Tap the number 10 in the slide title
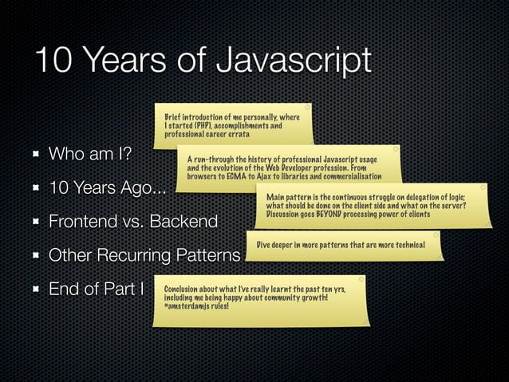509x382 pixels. click(x=53, y=61)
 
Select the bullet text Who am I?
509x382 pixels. click(x=90, y=154)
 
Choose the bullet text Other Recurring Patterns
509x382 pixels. click(x=144, y=257)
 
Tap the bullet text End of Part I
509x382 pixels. click(x=97, y=289)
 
